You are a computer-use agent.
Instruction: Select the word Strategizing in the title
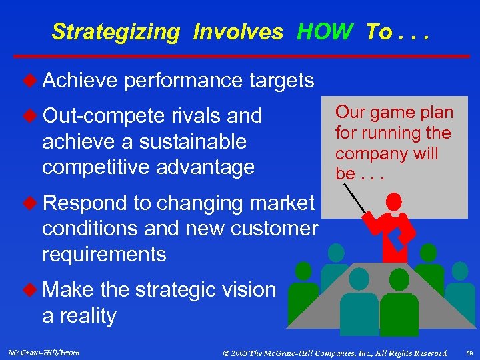[116, 32]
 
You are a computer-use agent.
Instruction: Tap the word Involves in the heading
[238, 31]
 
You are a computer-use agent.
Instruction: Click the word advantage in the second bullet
[205, 167]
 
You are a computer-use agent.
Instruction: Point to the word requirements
[103, 254]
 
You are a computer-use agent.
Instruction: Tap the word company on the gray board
[368, 154]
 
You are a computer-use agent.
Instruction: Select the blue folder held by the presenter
[403, 231]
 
